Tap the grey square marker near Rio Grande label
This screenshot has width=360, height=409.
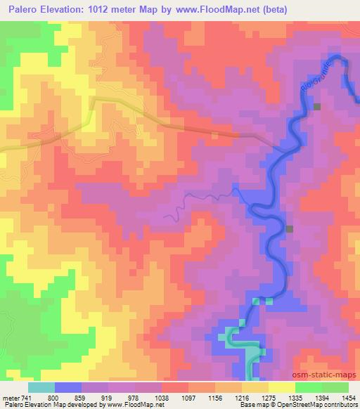(x=317, y=107)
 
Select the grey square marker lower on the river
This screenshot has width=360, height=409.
(x=289, y=228)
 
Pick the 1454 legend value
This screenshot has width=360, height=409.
(x=349, y=397)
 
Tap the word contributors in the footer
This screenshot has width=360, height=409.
(x=341, y=405)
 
